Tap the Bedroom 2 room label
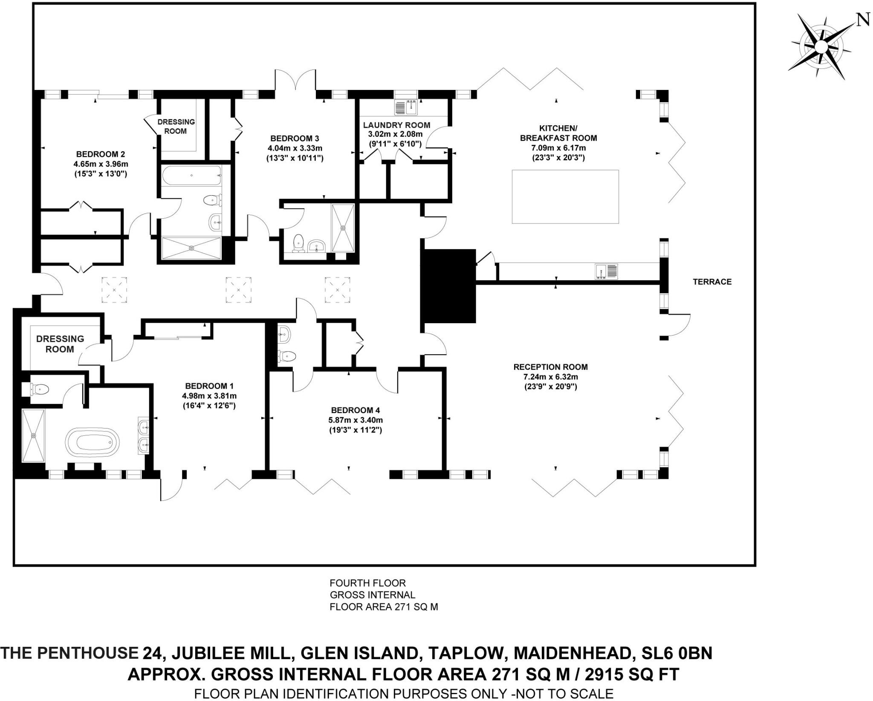tap(101, 154)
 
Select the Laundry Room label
tap(396, 125)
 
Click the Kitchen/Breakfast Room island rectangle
tap(565, 197)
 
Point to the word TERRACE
tap(712, 281)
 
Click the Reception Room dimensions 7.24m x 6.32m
tap(550, 377)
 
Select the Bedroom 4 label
tap(355, 410)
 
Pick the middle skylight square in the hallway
tap(238, 290)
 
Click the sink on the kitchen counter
tap(606, 271)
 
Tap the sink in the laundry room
tap(406, 107)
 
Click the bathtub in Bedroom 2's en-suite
tap(191, 175)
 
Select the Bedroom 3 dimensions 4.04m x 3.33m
tap(295, 148)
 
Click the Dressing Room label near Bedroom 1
tap(60, 344)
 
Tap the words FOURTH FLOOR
tap(367, 583)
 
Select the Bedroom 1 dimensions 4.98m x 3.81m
tap(209, 396)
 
